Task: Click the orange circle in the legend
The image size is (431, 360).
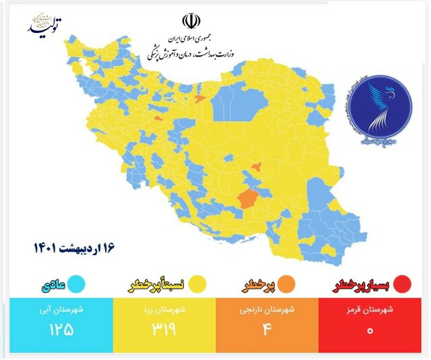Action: pos(286,283)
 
